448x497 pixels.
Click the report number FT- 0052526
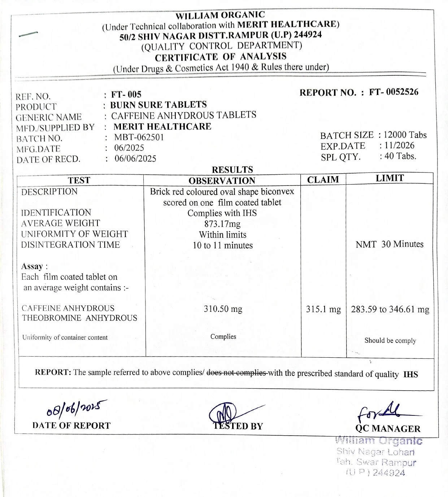coord(394,92)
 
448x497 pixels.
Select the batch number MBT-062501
coord(139,137)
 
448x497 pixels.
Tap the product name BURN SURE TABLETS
coord(158,105)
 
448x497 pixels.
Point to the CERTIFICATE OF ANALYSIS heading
coord(221,57)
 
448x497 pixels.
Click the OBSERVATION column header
coord(222,181)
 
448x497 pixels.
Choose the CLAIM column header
coord(323,180)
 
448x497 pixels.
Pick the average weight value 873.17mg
coord(222,224)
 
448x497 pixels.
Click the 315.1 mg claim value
coord(323,309)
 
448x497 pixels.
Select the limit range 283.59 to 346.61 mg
coord(390,309)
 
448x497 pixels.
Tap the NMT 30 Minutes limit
coord(390,244)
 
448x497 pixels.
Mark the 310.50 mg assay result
coord(223,309)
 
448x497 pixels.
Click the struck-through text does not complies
coord(236,373)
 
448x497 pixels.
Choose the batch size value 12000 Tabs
coord(405,135)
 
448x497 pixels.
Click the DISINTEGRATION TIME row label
coord(70,245)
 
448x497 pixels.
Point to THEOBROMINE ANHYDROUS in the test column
coord(79,318)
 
